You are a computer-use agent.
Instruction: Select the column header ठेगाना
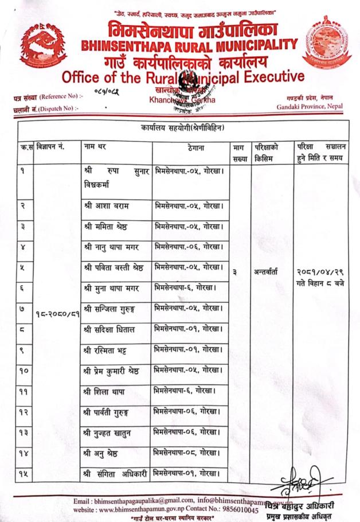pyautogui.click(x=191, y=147)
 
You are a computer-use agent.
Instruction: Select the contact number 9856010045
pyautogui.click(x=236, y=509)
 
